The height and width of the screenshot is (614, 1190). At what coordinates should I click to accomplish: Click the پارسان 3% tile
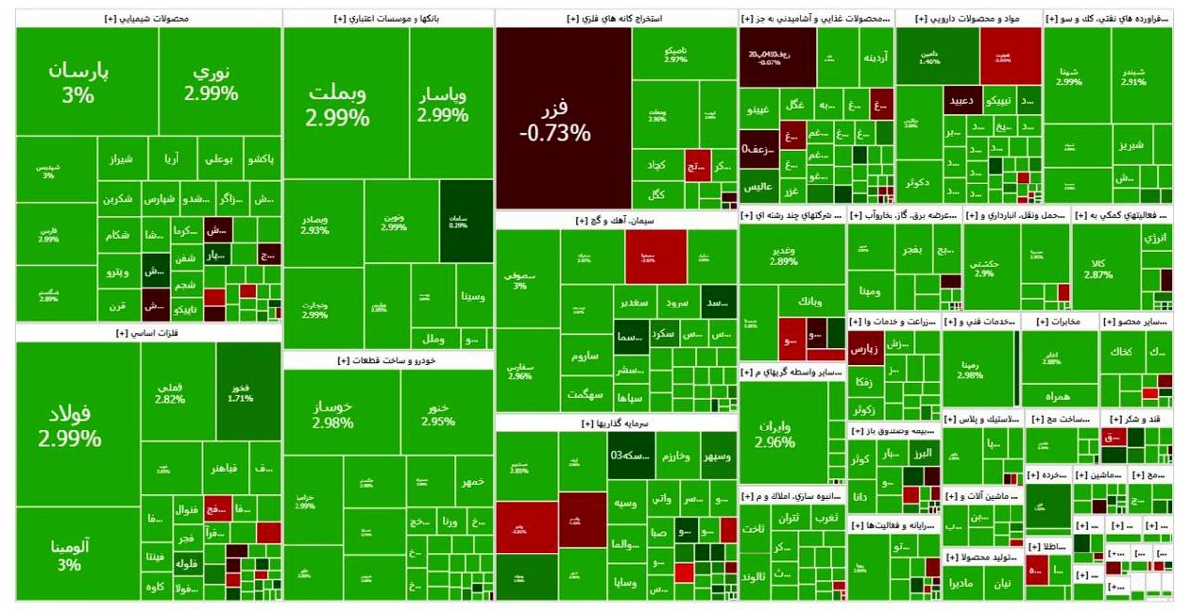point(77,84)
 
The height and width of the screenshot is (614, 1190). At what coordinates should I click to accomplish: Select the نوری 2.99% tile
point(210,84)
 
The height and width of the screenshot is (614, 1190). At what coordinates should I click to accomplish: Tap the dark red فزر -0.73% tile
point(563,119)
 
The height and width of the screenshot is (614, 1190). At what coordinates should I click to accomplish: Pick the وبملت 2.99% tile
point(337,104)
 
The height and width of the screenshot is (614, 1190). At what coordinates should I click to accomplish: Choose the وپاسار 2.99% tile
point(443,104)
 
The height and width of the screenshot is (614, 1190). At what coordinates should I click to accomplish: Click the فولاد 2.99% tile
point(69,425)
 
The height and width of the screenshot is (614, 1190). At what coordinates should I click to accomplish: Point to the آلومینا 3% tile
point(69,553)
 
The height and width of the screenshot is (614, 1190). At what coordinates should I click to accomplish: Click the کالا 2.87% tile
point(1098,268)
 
